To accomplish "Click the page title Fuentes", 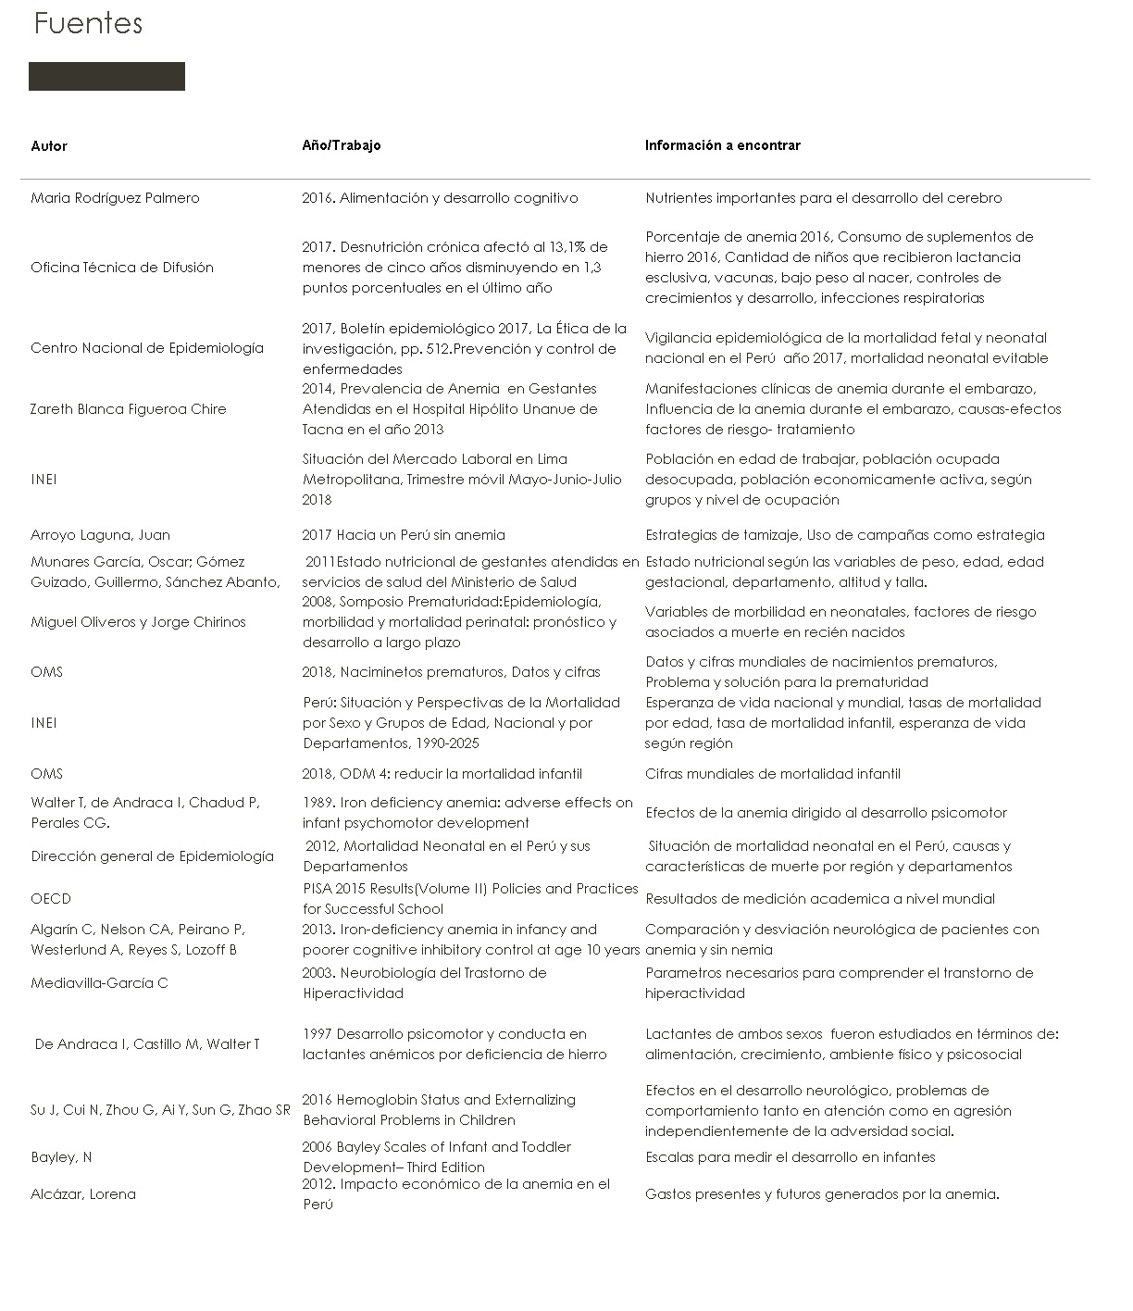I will click(88, 23).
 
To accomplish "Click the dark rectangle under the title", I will click(106, 77).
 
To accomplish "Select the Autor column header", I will click(49, 146).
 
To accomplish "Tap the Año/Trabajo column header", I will click(341, 145).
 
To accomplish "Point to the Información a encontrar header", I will click(722, 145).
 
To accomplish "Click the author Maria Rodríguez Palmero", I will click(115, 198).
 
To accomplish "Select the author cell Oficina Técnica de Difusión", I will click(122, 268).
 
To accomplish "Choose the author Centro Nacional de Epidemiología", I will click(147, 348).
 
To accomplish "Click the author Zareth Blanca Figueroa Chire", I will click(128, 409).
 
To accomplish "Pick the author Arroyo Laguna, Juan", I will click(100, 535).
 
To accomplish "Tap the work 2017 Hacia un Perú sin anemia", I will click(404, 535).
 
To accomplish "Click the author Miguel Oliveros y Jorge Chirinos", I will click(138, 622).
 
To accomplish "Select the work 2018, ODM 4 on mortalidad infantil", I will click(442, 774).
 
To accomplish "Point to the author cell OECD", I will click(51, 899).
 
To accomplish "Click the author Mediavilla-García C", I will click(99, 983).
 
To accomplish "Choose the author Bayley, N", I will click(61, 1157).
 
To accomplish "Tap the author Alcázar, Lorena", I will click(83, 1194).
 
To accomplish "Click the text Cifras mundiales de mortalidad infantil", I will click(773, 774).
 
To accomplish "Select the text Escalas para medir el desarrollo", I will click(790, 1157).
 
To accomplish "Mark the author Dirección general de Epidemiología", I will click(152, 856).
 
